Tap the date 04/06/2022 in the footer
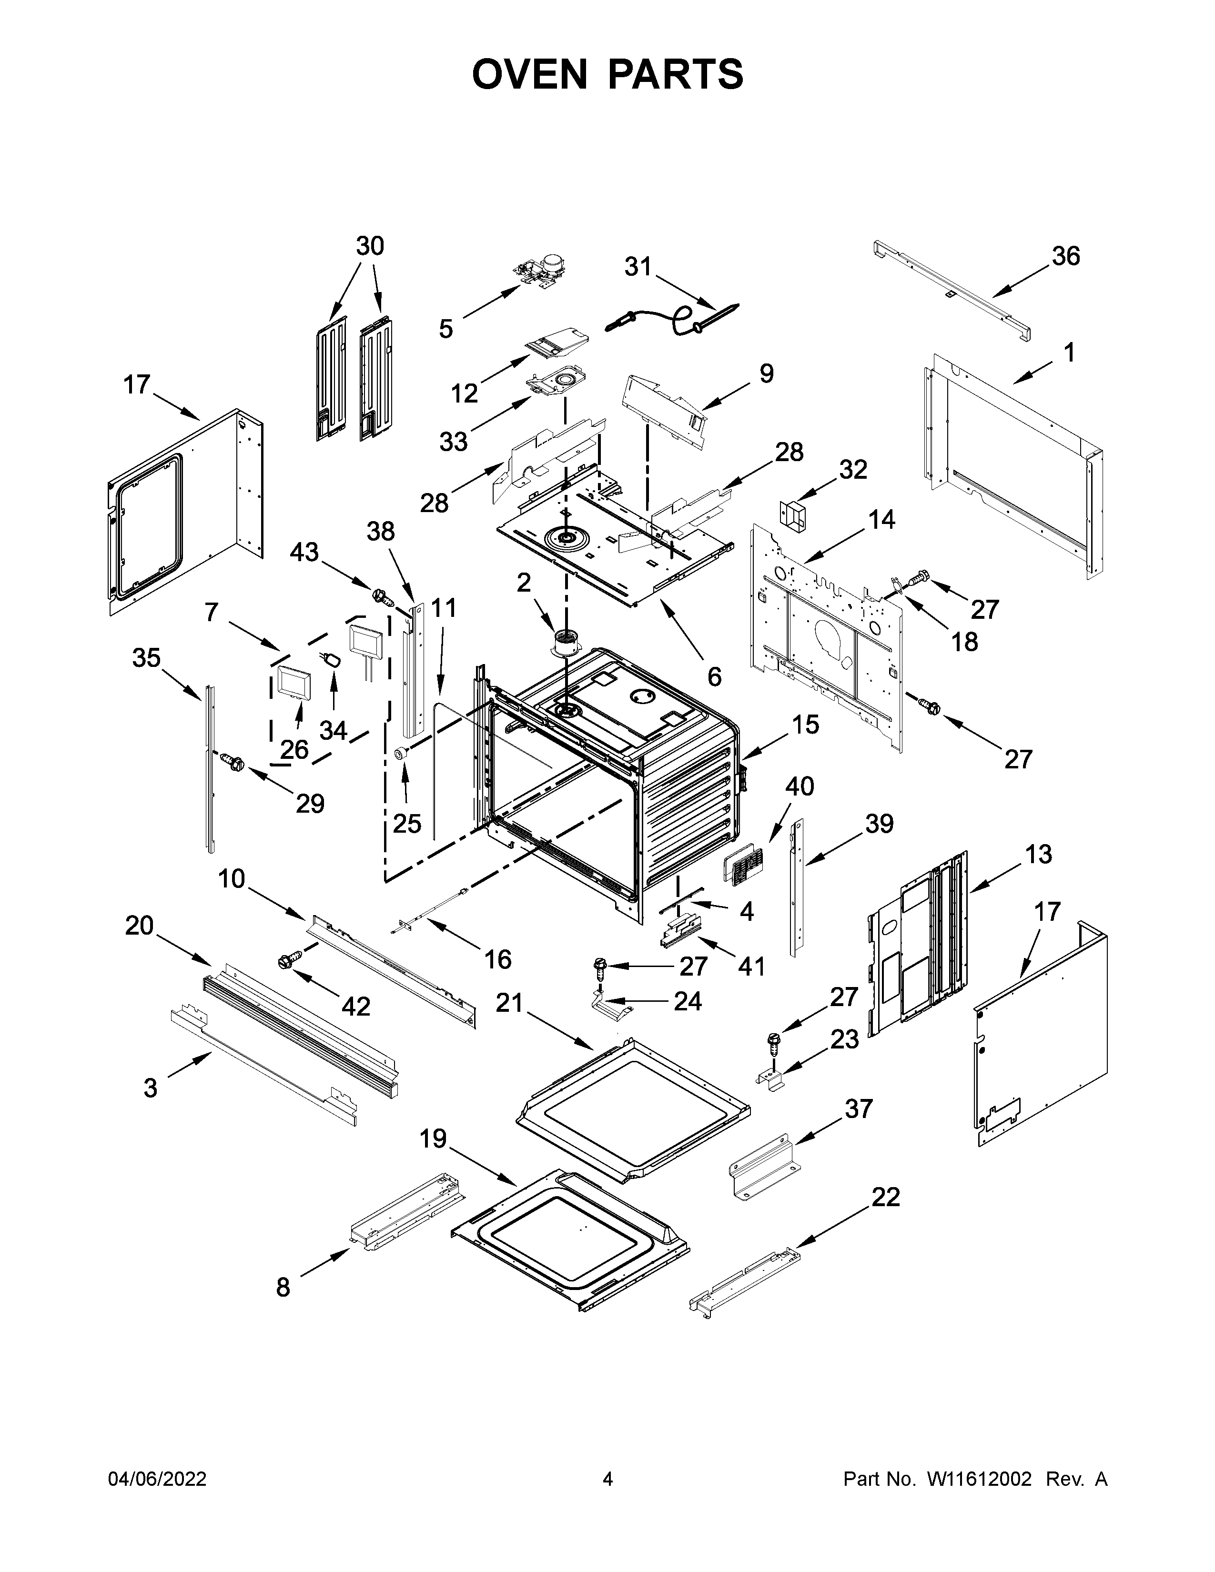(157, 1479)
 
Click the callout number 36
(1065, 256)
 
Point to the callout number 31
(637, 267)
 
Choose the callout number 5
(446, 329)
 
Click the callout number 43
(304, 552)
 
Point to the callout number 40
(799, 786)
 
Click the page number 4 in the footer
(607, 1479)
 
